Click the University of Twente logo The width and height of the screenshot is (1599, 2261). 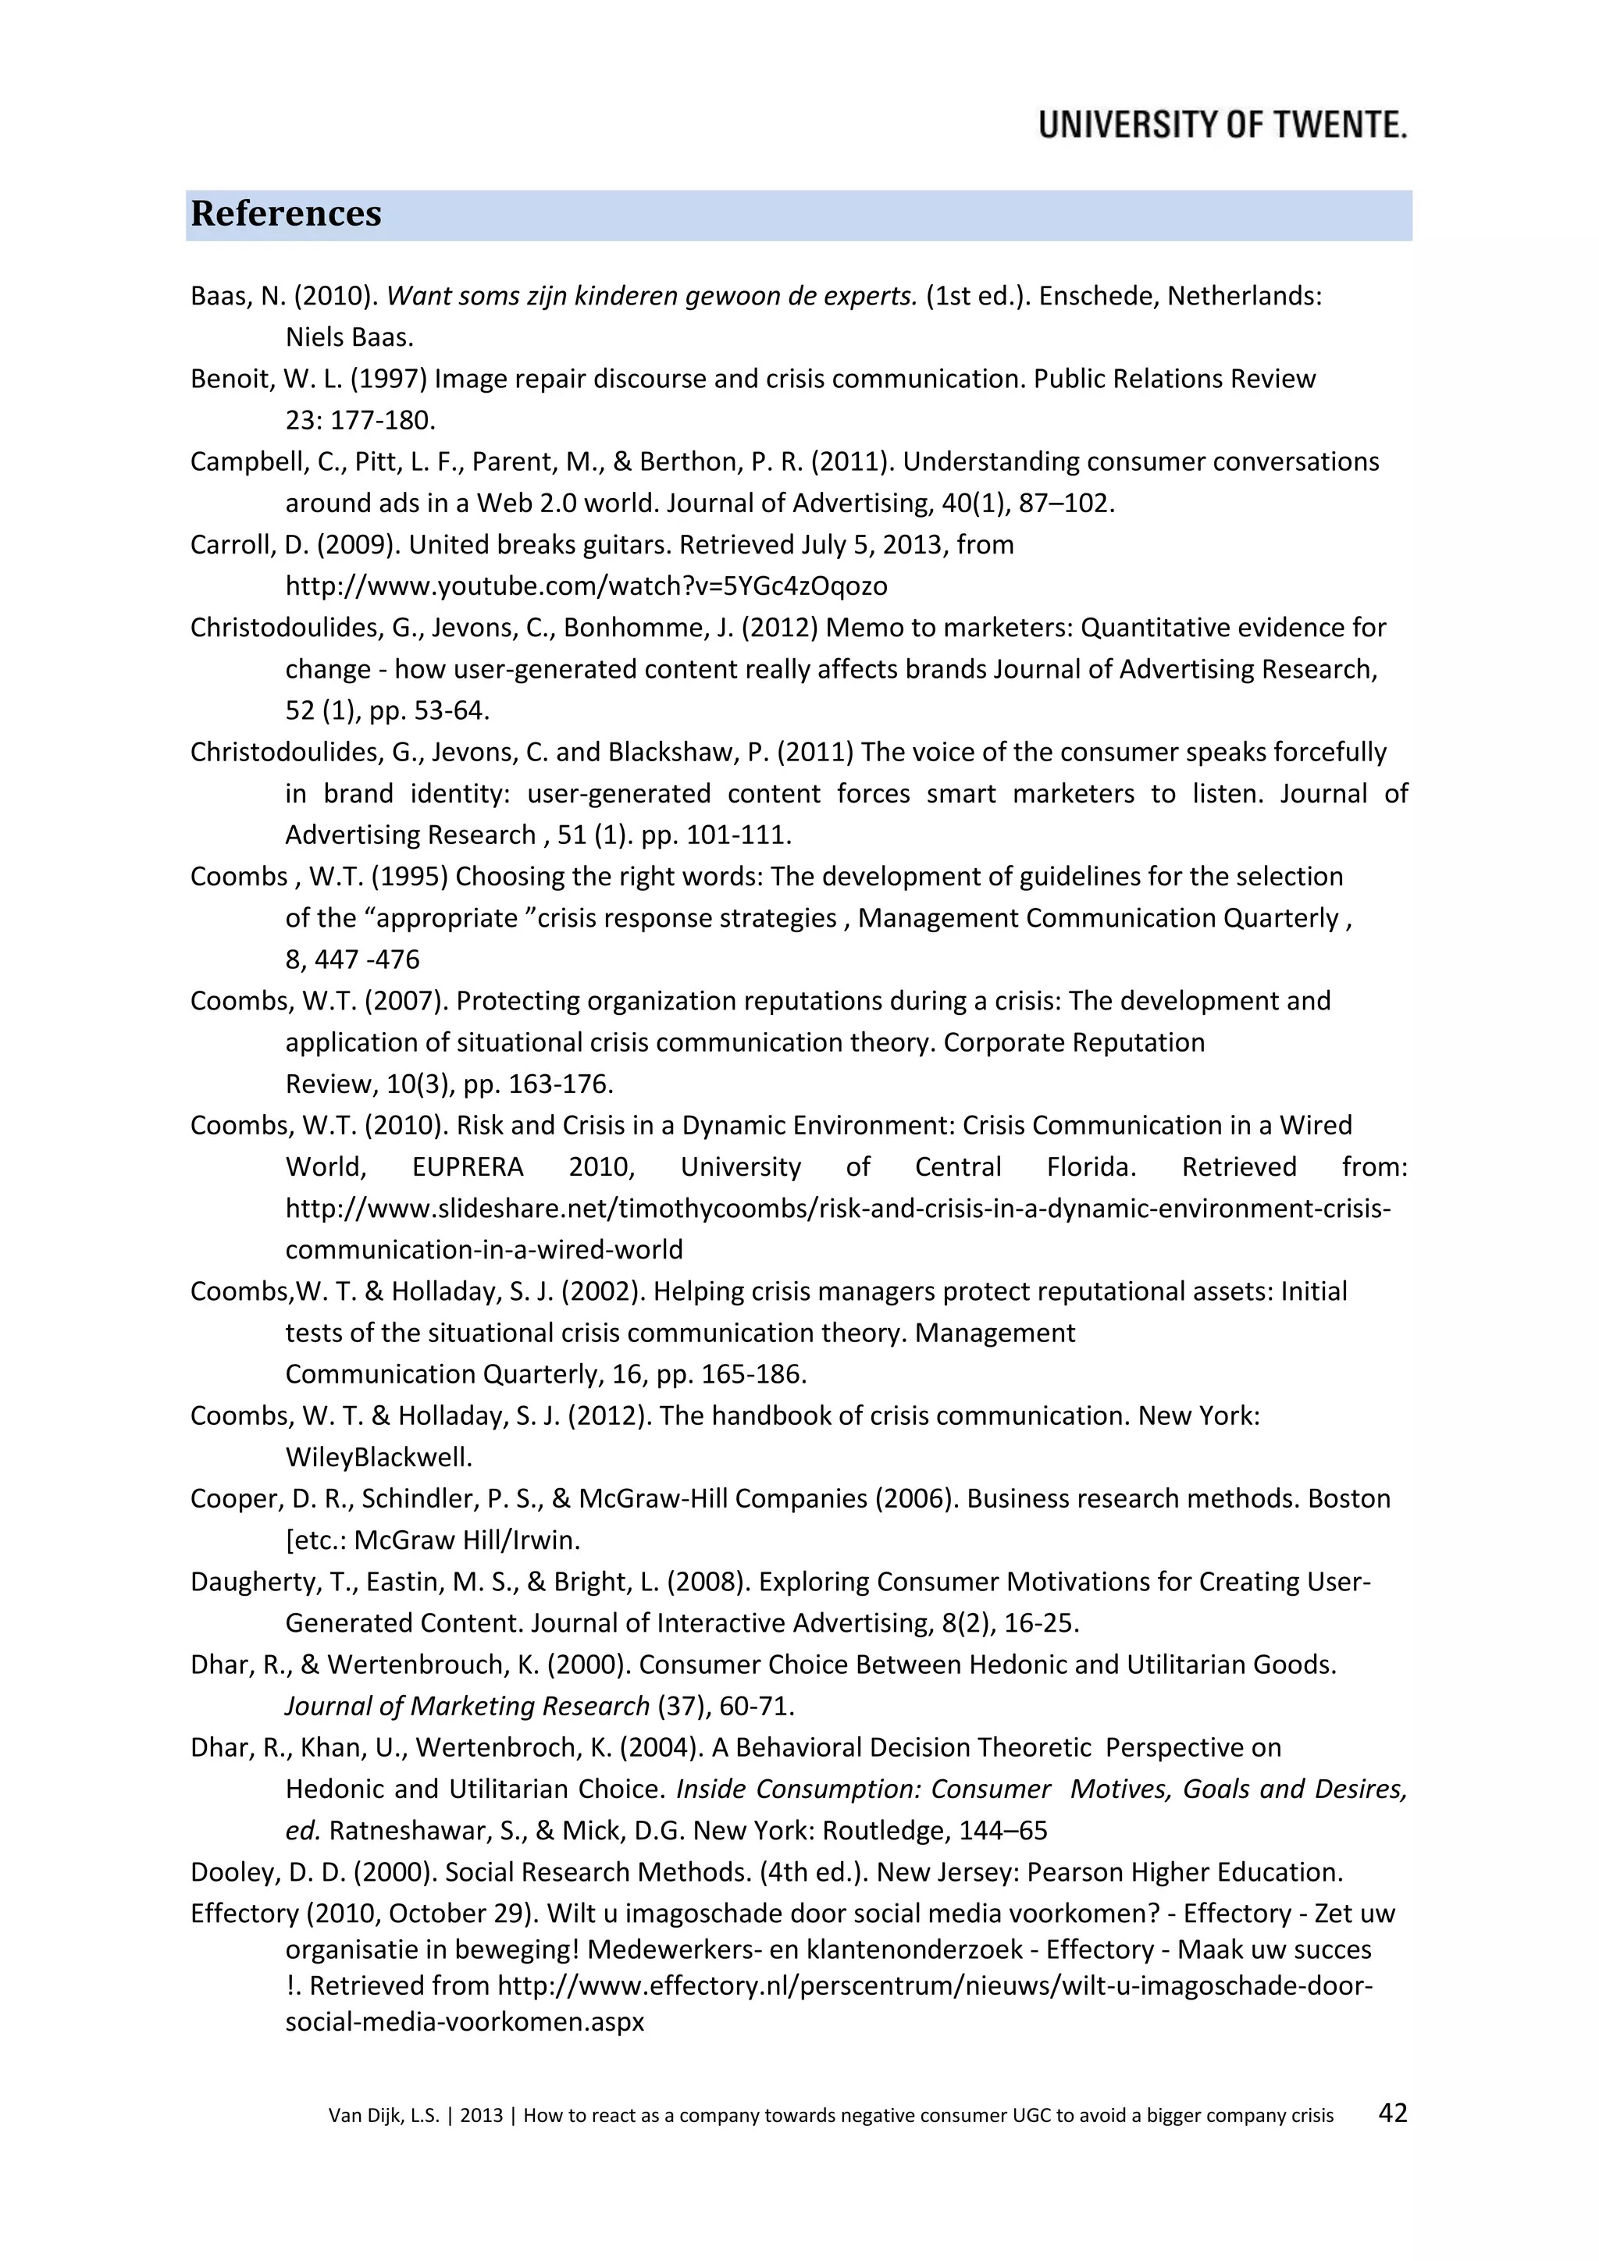pyautogui.click(x=1222, y=125)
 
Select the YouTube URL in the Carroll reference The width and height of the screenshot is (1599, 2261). pyautogui.click(x=586, y=586)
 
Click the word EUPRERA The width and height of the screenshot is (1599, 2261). pyautogui.click(x=468, y=1167)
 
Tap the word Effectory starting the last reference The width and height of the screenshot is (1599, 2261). pyautogui.click(x=244, y=1914)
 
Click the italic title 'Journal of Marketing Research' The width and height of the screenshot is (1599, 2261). pyautogui.click(x=467, y=1706)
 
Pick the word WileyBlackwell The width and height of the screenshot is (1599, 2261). pyautogui.click(x=378, y=1456)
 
